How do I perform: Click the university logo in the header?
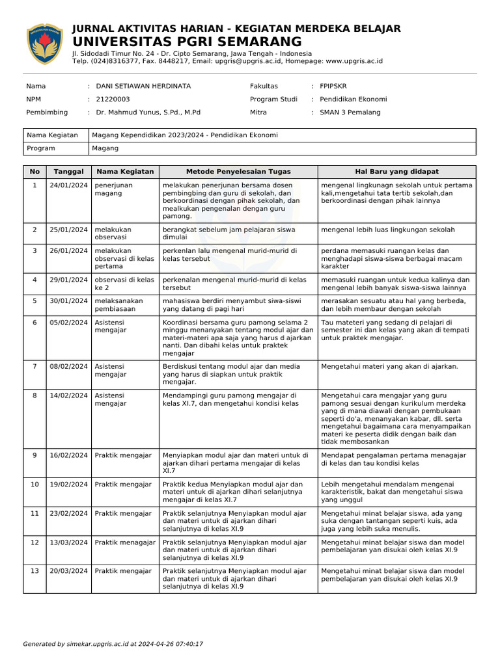click(45, 44)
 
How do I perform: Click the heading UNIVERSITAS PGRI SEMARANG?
click(182, 42)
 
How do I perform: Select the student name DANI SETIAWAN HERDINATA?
click(143, 86)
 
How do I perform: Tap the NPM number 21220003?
click(113, 99)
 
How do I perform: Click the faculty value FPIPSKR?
click(333, 86)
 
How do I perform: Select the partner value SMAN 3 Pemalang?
click(350, 112)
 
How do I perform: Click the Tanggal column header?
click(68, 172)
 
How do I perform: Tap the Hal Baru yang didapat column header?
click(396, 172)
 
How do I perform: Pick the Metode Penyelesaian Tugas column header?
click(238, 172)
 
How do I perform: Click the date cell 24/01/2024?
click(68, 185)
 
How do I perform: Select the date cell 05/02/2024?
click(68, 322)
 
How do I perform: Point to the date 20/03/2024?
click(68, 571)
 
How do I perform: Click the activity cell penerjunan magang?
click(113, 189)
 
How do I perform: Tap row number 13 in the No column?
click(35, 571)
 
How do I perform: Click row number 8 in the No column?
click(35, 395)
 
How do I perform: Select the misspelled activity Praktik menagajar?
click(125, 542)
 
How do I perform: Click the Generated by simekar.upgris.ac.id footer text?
click(113, 644)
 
